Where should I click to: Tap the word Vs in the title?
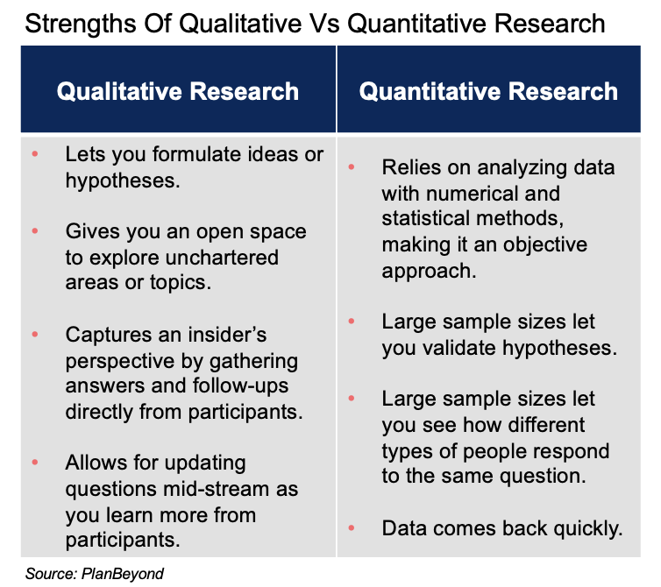pyautogui.click(x=323, y=22)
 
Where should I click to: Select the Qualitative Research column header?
pyautogui.click(x=178, y=91)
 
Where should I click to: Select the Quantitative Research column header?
pyautogui.click(x=488, y=91)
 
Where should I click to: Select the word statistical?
pyautogui.click(x=429, y=219)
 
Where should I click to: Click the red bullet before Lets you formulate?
pyautogui.click(x=35, y=154)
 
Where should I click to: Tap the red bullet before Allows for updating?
pyautogui.click(x=35, y=463)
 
